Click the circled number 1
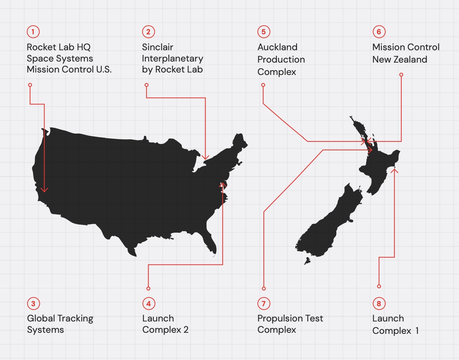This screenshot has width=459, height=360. point(33,32)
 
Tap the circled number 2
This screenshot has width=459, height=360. point(149,32)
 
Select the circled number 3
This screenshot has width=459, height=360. point(33,303)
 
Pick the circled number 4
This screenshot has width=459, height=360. point(149,303)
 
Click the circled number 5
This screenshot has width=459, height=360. point(263,32)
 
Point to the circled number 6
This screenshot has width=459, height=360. point(379,32)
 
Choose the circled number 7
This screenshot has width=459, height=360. point(263,303)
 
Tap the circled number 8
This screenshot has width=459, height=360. point(379,303)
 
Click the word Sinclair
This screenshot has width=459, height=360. point(157,47)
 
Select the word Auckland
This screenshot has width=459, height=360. point(277,47)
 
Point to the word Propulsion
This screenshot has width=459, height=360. point(280,319)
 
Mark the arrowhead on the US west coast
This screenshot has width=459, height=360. point(44,190)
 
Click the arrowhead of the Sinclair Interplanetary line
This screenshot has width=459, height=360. point(205,158)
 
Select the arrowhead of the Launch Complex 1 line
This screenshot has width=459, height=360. point(394,171)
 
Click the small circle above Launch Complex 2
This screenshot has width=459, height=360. point(149,289)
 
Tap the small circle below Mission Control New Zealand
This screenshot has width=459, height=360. point(401,75)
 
